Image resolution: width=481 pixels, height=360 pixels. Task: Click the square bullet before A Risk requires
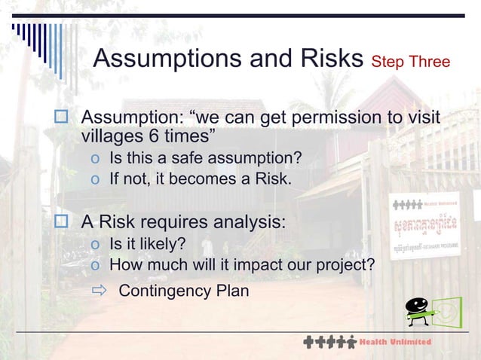pyautogui.click(x=62, y=223)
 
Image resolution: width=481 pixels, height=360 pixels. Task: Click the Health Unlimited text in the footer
pyautogui.click(x=395, y=342)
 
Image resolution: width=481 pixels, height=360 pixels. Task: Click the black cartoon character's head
pyautogui.click(x=416, y=305)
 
